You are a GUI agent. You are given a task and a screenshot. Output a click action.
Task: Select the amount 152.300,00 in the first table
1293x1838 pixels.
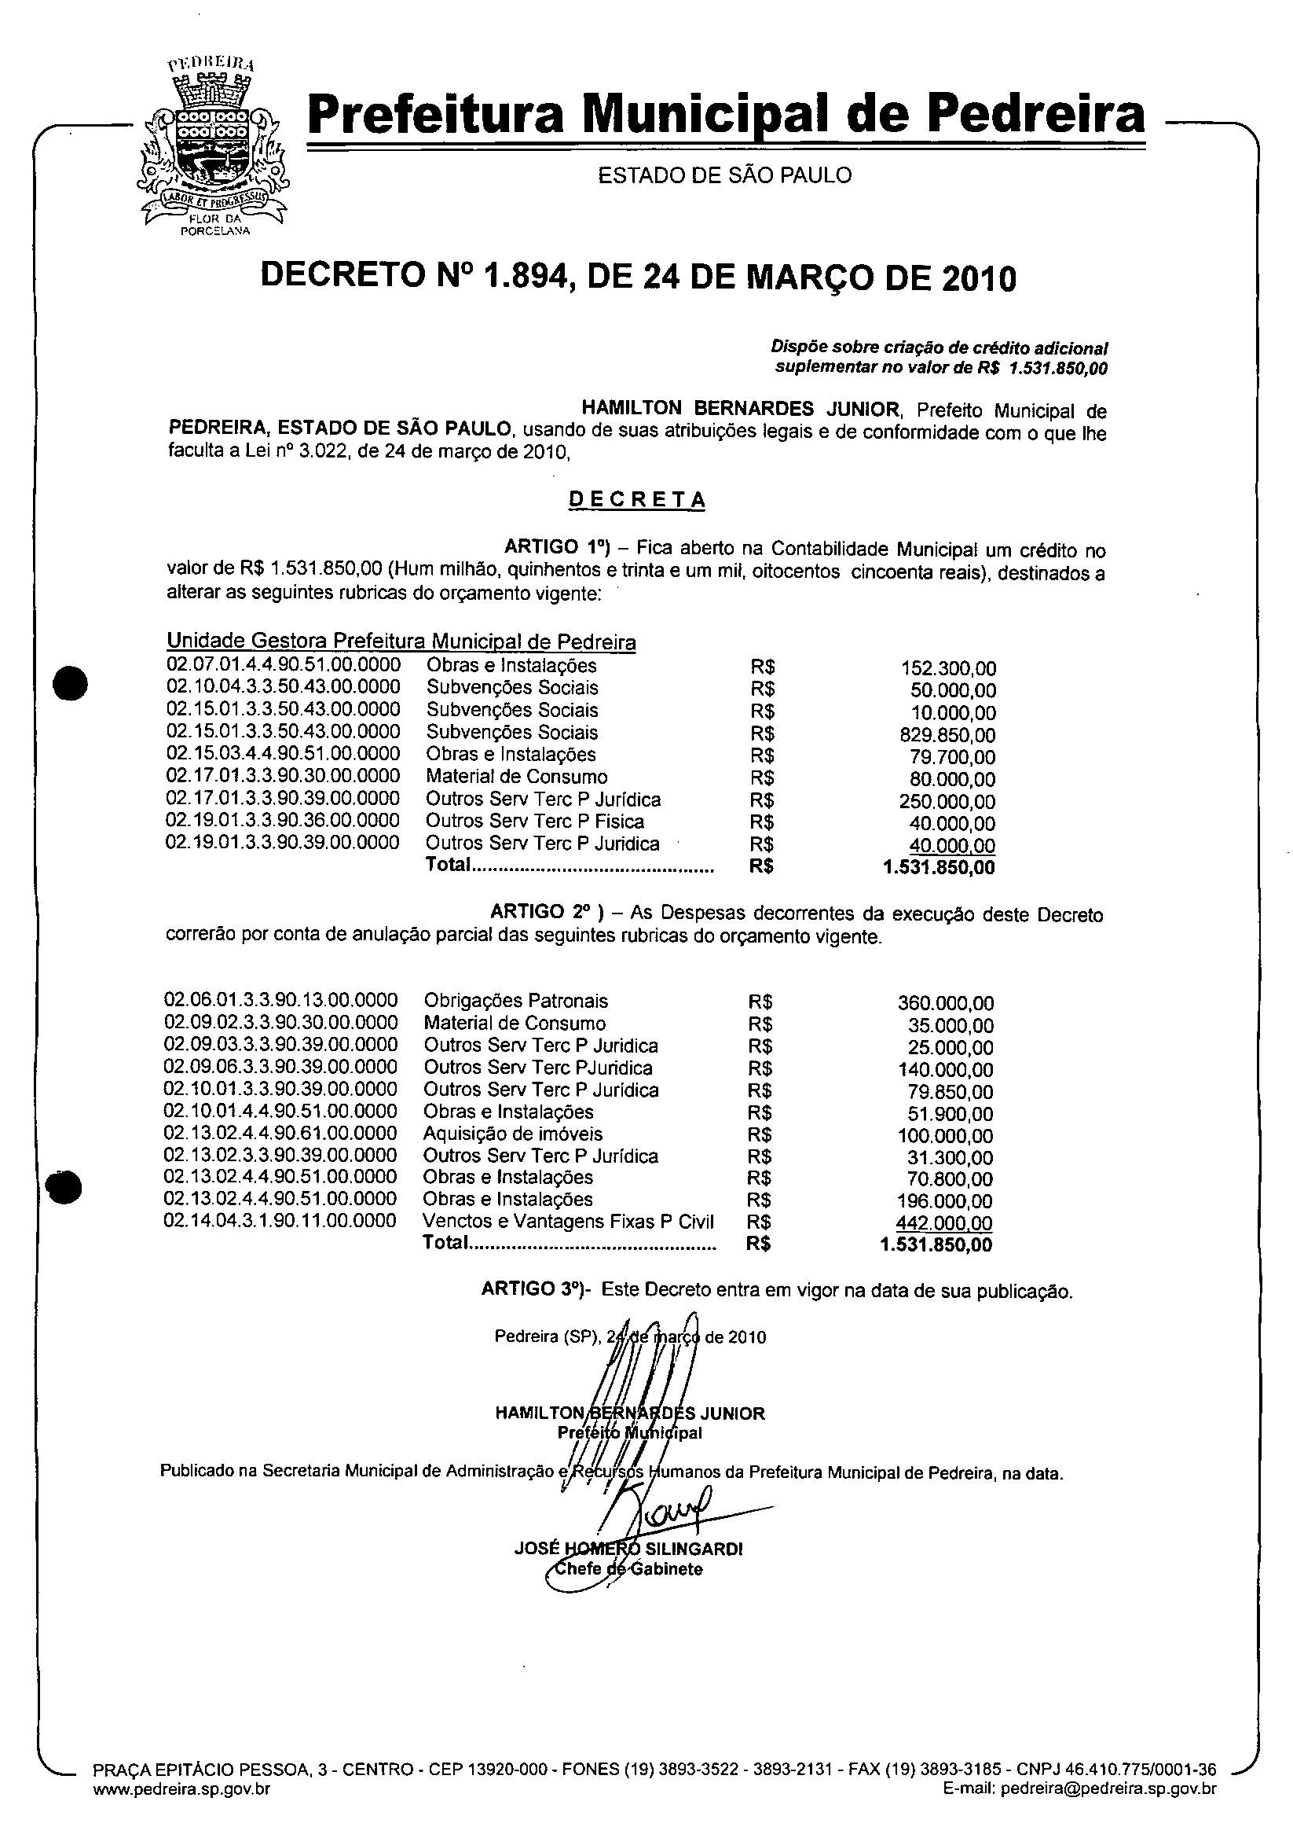pos(948,668)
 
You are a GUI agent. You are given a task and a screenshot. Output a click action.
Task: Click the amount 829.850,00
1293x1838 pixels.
pos(948,735)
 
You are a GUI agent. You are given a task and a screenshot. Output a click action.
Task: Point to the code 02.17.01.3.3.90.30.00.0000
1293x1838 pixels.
pos(284,776)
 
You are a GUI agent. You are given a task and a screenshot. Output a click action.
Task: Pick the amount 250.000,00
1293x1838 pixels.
pos(948,801)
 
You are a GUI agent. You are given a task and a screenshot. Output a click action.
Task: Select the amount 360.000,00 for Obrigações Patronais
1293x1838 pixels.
pos(946,1003)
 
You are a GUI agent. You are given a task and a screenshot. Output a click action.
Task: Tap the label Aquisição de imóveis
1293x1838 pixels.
pos(513,1134)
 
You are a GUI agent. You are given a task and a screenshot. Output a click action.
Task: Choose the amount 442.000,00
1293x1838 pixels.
pos(944,1222)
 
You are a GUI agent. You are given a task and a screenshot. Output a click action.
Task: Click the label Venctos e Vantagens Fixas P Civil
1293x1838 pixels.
pos(568,1222)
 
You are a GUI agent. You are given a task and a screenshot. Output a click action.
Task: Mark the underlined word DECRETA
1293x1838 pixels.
pos(637,499)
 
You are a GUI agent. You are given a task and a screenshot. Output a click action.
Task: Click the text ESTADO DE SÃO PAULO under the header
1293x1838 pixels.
pos(725,175)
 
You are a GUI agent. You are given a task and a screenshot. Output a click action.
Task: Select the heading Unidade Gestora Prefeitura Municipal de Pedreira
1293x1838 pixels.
pos(401,641)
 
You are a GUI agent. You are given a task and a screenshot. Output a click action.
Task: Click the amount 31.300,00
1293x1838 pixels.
pos(950,1157)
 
